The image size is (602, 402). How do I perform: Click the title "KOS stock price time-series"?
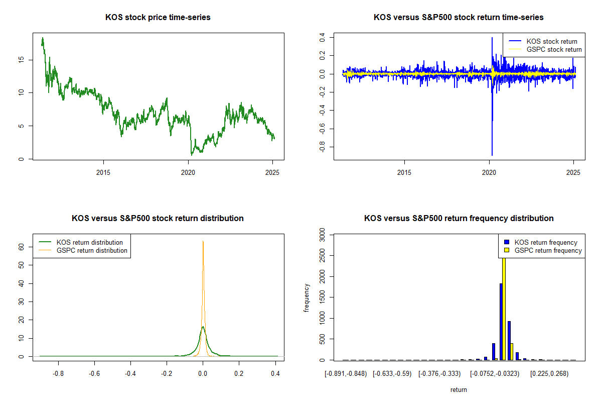coord(158,18)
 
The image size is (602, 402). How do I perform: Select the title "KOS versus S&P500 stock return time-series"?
coord(459,18)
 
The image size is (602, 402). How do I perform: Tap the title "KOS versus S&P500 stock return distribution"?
coord(158,219)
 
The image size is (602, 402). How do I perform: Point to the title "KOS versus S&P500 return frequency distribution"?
coord(459,219)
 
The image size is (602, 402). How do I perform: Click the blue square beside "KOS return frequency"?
coord(507,243)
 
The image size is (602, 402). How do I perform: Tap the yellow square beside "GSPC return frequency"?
coord(507,251)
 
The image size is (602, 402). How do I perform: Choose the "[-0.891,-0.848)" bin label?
coord(346,374)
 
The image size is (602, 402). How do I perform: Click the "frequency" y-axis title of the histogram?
coord(307,297)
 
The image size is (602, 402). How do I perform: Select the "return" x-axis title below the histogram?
coord(459,390)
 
